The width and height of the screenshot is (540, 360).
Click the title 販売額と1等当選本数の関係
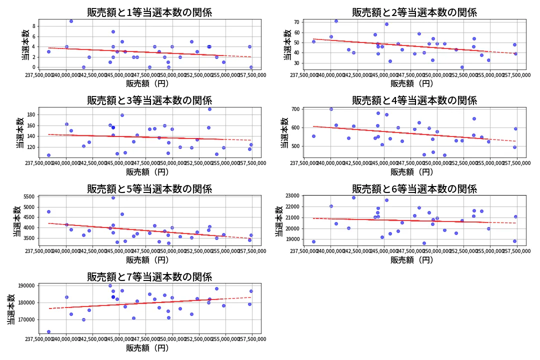coord(149,12)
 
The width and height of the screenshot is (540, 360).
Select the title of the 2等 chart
coord(414,12)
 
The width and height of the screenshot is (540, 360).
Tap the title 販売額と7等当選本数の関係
coord(149,277)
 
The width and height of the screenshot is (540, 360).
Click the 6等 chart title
coord(414,189)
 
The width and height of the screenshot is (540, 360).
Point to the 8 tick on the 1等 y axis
coord(34,26)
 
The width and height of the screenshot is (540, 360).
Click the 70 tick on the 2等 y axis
coord(296,22)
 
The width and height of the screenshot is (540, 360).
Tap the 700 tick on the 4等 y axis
coord(295,109)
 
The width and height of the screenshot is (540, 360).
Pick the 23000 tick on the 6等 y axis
coord(291,195)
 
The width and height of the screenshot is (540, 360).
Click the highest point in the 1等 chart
coord(71,21)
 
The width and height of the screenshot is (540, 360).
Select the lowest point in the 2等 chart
coord(462,67)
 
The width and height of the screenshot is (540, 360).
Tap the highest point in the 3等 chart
coord(209,109)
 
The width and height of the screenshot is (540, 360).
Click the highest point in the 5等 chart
coord(113,197)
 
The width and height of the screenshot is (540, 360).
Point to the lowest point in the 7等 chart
coord(48,331)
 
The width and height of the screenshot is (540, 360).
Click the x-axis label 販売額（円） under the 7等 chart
coord(149,348)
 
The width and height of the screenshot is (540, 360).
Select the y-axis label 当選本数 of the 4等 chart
coord(284,132)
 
